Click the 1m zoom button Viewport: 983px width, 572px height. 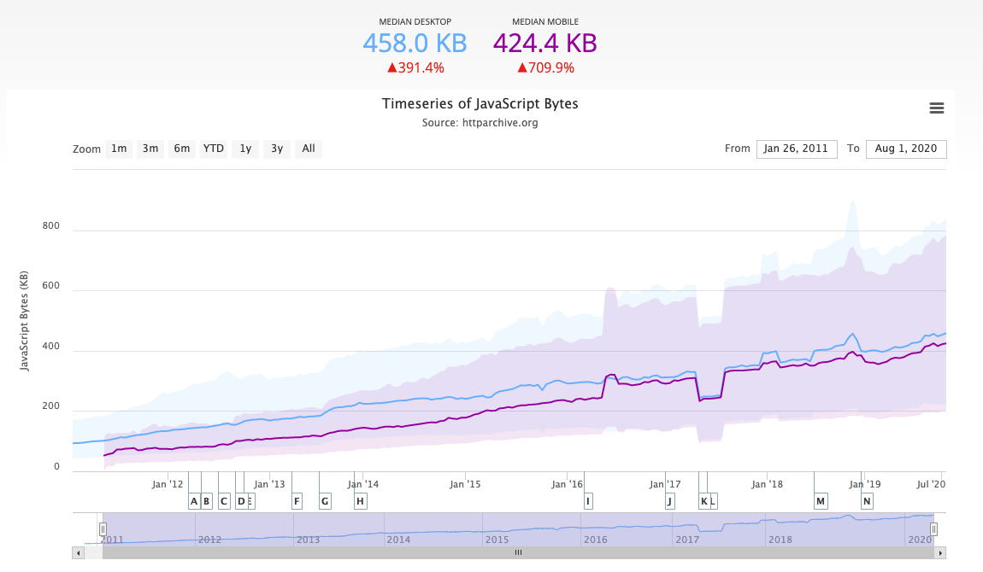[x=119, y=149]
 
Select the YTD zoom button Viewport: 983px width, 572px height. [x=213, y=149]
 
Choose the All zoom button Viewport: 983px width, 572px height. [x=309, y=149]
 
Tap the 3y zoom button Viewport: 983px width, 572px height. [x=277, y=149]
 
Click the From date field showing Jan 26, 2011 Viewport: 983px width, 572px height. [x=796, y=149]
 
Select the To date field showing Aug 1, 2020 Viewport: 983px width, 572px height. [x=905, y=149]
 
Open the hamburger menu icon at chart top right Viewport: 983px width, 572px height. [x=936, y=108]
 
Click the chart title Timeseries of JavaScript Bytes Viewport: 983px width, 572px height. [x=480, y=104]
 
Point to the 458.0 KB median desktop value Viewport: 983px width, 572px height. [x=415, y=43]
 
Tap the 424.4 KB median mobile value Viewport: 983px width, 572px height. [x=544, y=43]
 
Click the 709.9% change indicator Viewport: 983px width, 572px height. [x=545, y=67]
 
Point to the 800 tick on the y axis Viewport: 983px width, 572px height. [x=52, y=226]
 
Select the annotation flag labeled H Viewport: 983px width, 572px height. [x=360, y=501]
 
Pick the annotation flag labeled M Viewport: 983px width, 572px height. [x=821, y=501]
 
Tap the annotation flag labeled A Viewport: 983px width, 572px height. [x=194, y=501]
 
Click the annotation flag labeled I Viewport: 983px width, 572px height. [x=588, y=501]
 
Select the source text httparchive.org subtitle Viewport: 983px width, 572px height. [x=480, y=123]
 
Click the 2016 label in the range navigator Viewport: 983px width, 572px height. [x=595, y=540]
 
